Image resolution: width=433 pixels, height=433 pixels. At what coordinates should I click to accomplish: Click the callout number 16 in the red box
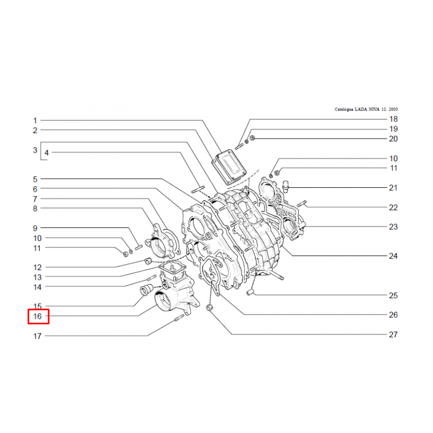pos(37,317)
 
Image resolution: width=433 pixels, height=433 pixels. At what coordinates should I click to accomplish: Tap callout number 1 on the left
pos(35,121)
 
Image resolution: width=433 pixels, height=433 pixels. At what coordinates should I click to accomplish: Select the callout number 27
pos(393,334)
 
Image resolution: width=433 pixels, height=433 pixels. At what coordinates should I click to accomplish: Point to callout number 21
pos(393,188)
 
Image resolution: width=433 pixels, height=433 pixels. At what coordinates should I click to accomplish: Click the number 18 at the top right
pos(393,119)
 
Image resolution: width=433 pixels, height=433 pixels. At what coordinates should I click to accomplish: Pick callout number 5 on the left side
pos(35,179)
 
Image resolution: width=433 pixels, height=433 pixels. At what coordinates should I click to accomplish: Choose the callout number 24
pos(393,256)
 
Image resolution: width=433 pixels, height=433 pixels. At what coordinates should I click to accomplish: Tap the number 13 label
pos(37,277)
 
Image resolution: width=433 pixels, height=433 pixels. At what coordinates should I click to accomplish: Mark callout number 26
pos(393,315)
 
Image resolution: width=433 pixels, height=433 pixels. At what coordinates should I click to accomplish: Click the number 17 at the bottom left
pos(37,336)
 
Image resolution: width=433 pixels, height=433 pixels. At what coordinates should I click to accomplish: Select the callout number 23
pos(393,227)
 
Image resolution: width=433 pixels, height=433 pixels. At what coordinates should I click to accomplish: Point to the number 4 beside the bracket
pos(47,153)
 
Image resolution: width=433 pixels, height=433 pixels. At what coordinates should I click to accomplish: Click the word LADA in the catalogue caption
pos(361,109)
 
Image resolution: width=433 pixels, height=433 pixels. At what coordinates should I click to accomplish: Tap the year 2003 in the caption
pos(393,109)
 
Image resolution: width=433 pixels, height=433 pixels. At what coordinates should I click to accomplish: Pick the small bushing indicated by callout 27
pos(209,307)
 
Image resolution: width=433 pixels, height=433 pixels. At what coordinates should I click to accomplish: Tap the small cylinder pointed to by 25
pos(250,292)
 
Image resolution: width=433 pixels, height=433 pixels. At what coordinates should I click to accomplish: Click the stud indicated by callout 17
pos(179,318)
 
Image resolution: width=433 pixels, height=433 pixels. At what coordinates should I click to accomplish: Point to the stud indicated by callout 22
pos(302,204)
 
